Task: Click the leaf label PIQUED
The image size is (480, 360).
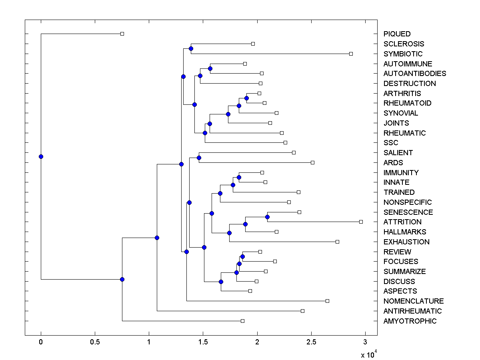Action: coord(397,34)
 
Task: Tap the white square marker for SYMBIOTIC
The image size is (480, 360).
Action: coord(351,54)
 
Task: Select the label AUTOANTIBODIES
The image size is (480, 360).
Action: coord(414,74)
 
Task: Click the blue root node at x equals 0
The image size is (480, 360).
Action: coord(41,156)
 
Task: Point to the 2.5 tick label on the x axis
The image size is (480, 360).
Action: coord(311,342)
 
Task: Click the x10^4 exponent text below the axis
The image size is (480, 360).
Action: coord(369,354)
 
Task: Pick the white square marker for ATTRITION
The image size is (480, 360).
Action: coord(361,222)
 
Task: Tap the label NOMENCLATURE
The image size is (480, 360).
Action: coord(413,301)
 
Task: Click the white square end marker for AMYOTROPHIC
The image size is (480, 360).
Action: coord(242,321)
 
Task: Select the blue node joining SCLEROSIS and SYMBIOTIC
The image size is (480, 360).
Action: coord(191,49)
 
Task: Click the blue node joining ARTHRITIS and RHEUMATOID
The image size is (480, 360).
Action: coord(246,98)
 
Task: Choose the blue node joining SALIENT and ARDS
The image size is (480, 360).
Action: coord(199,158)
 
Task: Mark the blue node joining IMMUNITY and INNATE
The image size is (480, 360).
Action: coord(239,177)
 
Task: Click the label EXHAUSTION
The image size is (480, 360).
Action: coord(406,242)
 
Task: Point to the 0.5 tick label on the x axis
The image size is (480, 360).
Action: coord(95,342)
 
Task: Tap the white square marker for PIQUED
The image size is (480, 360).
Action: coord(122,34)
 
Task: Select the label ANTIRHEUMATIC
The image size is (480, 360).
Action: coord(412,311)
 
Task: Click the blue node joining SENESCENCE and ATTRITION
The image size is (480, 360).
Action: coord(267,217)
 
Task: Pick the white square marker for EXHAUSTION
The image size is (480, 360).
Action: coord(337,242)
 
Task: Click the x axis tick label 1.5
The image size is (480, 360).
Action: coord(203,342)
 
